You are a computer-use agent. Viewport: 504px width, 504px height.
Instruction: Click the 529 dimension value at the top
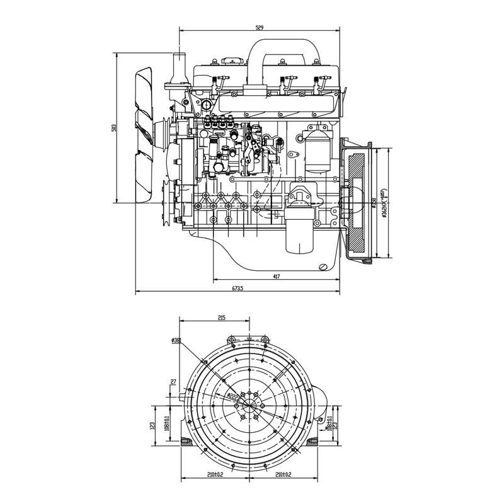tap(260, 27)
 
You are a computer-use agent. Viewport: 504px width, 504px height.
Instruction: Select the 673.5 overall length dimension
tap(238, 289)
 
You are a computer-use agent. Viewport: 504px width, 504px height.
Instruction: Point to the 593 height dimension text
tap(114, 128)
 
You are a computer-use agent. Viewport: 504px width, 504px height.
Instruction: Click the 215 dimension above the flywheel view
tap(222, 319)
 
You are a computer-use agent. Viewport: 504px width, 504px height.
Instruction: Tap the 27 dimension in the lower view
tap(173, 382)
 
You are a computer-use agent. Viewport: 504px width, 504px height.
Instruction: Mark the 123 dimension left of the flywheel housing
tap(152, 425)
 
